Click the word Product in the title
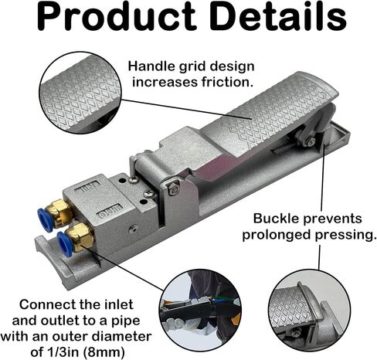tap(117, 17)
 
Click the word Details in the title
tap(277, 17)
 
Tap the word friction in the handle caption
tap(226, 82)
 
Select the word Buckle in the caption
tap(276, 219)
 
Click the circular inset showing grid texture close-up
tap(80, 93)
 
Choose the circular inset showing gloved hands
tap(200, 311)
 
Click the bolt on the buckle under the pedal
tap(311, 141)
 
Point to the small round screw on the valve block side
tap(133, 229)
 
